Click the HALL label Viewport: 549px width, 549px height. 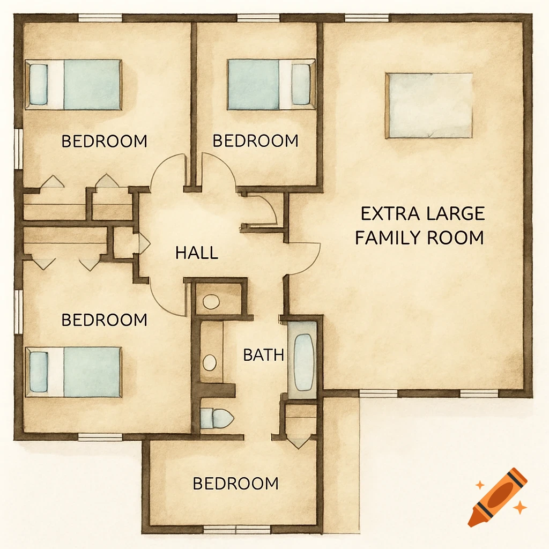click(197, 253)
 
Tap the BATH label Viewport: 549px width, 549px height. click(263, 354)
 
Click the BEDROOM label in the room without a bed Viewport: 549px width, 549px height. click(235, 484)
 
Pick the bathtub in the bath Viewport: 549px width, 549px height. click(303, 362)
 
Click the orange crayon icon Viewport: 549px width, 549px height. click(497, 497)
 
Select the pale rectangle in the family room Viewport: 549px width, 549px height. click(429, 106)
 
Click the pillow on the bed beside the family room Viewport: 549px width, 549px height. click(301, 84)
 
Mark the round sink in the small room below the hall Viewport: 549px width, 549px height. click(211, 301)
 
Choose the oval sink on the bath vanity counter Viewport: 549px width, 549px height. click(210, 362)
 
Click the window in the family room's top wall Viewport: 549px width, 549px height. click(367, 18)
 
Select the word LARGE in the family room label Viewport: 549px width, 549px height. click(456, 213)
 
